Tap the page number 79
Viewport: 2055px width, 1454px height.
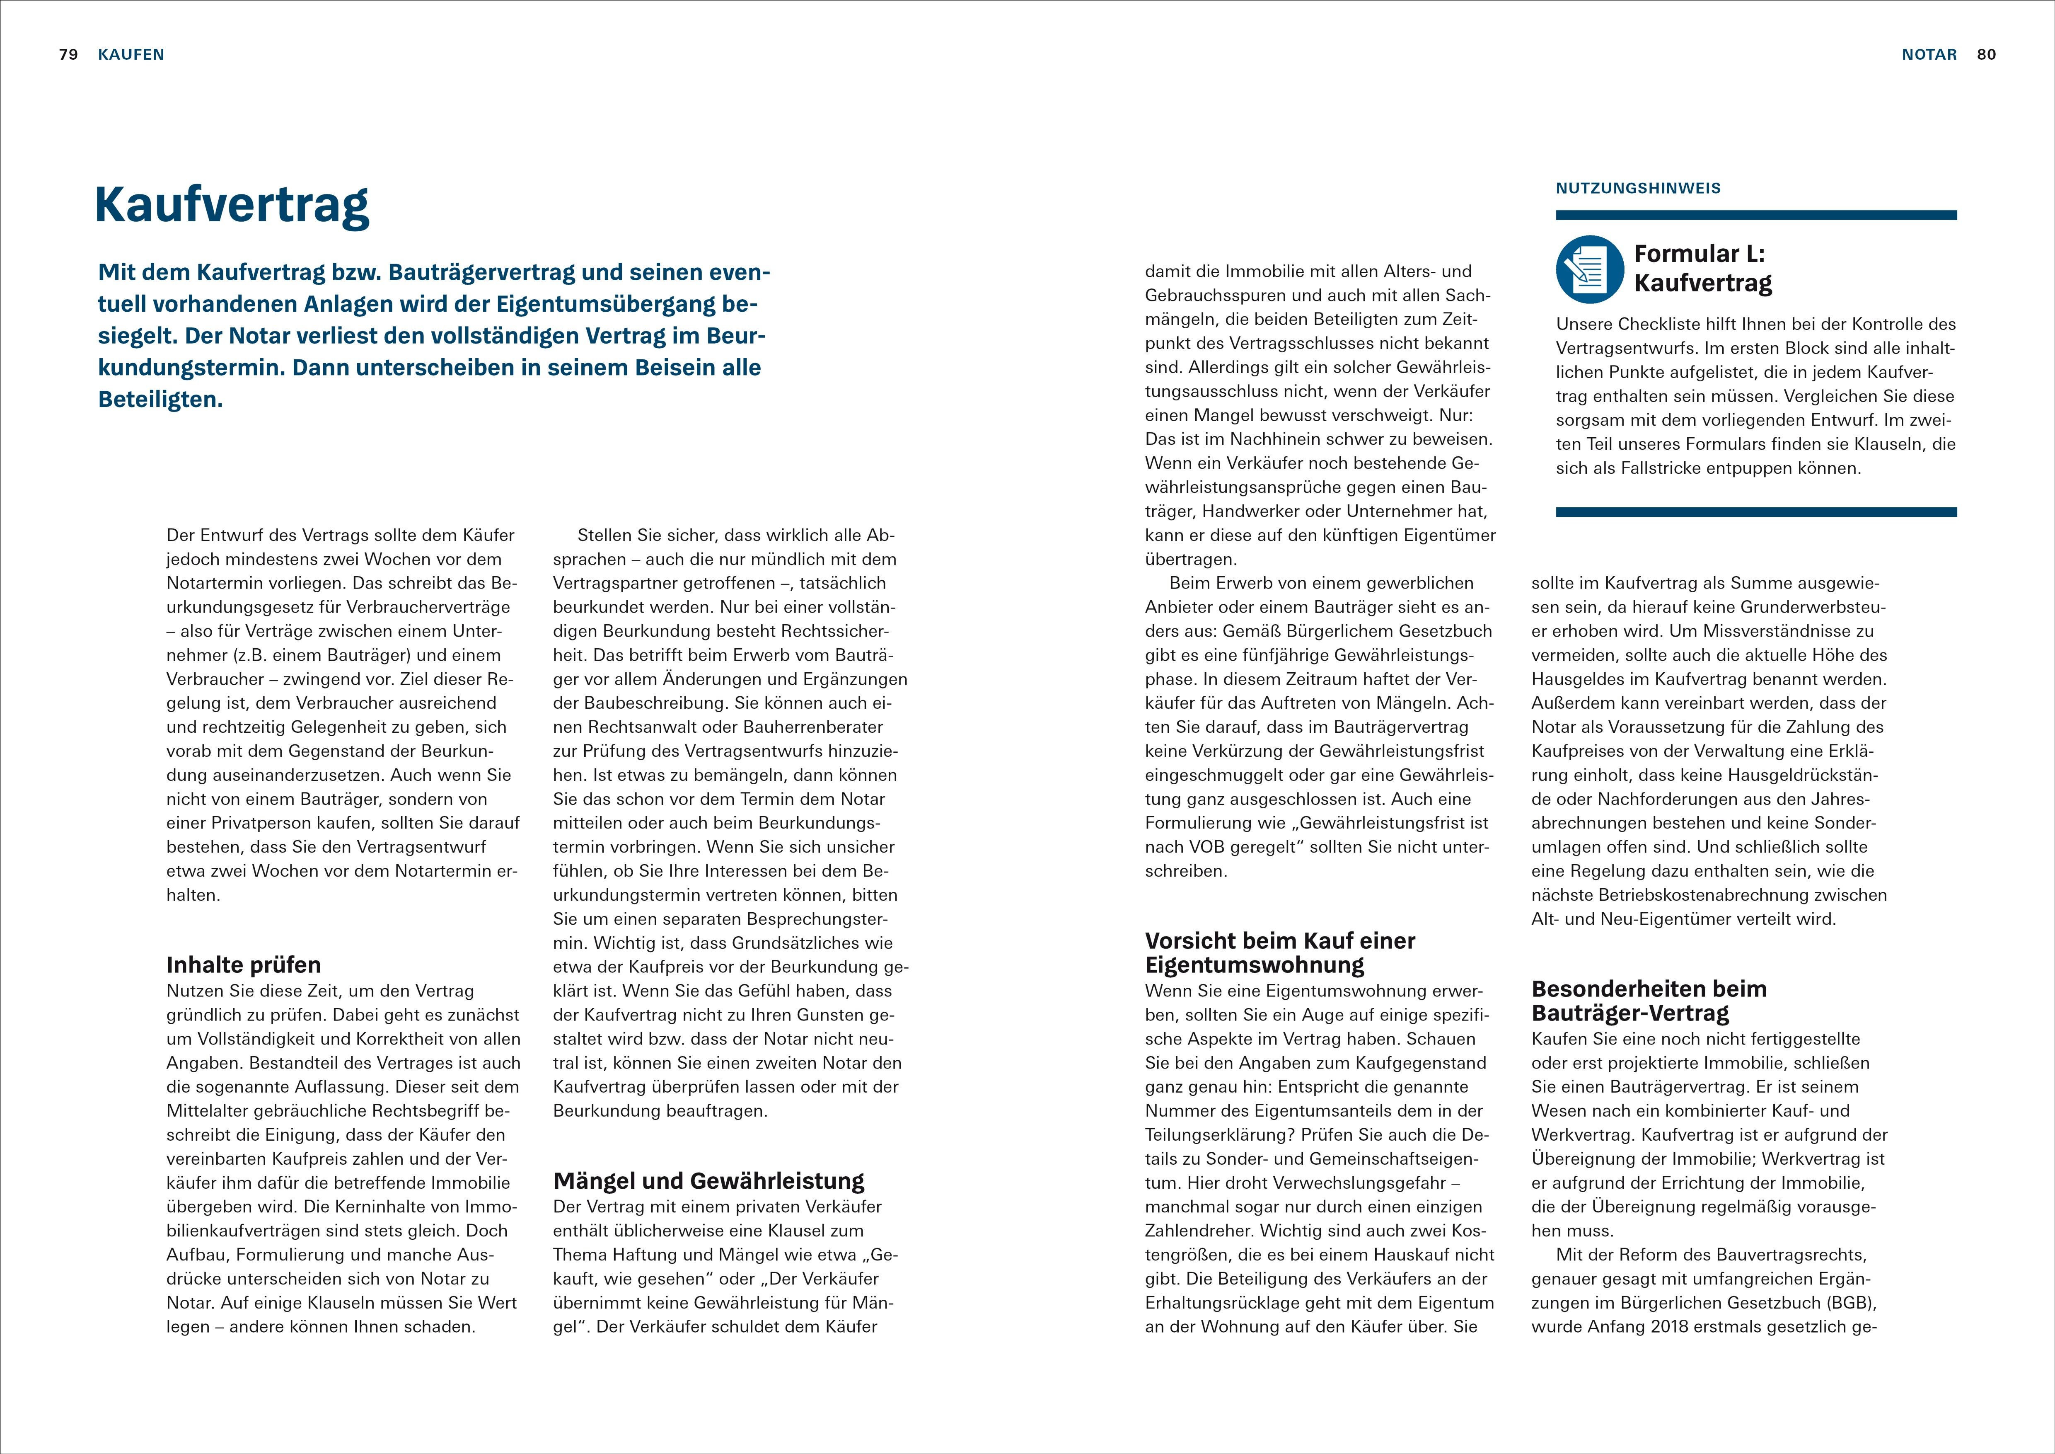(x=68, y=55)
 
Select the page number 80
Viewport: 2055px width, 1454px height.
(x=1986, y=55)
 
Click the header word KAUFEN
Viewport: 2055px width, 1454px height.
(x=132, y=55)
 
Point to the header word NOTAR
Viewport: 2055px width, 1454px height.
(x=1929, y=55)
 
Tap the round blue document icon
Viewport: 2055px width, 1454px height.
(x=1590, y=269)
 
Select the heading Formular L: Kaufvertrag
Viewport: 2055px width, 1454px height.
(x=1702, y=269)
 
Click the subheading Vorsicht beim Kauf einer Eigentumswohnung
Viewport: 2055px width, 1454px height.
(x=1280, y=952)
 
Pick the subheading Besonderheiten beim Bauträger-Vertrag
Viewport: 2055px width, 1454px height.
(x=1649, y=1001)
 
